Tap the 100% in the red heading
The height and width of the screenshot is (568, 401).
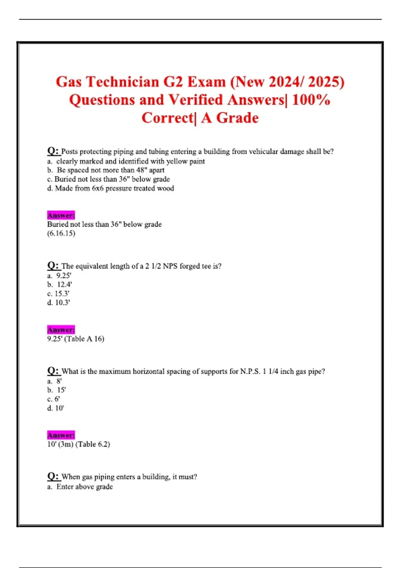[311, 100]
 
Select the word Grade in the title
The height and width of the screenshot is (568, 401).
[237, 118]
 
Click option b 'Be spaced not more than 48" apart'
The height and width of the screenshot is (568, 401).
[106, 170]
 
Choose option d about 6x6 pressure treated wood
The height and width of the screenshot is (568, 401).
[111, 188]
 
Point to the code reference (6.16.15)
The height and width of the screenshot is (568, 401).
[61, 233]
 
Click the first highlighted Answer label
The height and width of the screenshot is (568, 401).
[61, 215]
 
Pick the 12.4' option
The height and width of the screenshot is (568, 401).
[60, 285]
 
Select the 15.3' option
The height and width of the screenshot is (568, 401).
[58, 294]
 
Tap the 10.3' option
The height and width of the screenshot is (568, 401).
[59, 303]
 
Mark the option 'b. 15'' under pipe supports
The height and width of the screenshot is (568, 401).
[57, 390]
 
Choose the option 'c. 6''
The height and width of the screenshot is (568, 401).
[53, 399]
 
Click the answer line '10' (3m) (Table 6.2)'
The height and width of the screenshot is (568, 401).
[79, 444]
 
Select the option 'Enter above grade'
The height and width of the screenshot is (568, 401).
[84, 487]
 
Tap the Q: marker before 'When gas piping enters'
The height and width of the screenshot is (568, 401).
[53, 476]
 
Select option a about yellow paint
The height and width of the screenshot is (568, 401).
[126, 161]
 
